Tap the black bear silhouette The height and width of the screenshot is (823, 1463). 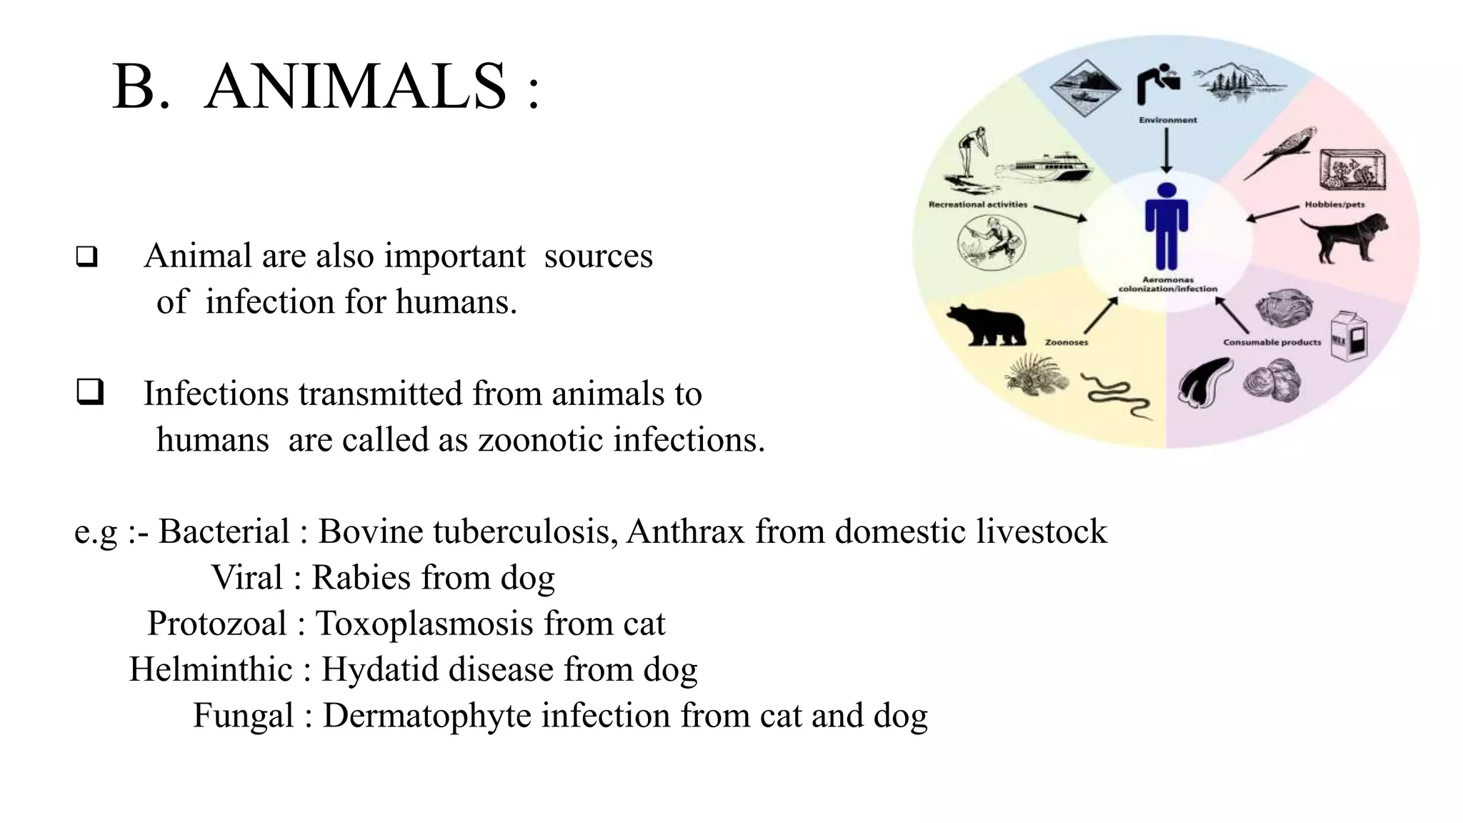click(x=986, y=325)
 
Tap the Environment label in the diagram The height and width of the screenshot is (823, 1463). click(x=1168, y=120)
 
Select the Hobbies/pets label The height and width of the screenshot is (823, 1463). click(x=1334, y=204)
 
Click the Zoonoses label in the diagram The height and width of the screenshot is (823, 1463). click(x=1067, y=342)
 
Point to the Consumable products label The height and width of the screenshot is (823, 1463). click(x=1272, y=342)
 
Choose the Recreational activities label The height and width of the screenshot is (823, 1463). click(x=977, y=204)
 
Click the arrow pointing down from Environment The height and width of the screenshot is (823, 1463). click(x=1167, y=150)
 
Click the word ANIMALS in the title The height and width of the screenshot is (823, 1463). click(x=355, y=86)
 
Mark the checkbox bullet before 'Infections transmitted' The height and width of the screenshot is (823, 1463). click(x=90, y=393)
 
